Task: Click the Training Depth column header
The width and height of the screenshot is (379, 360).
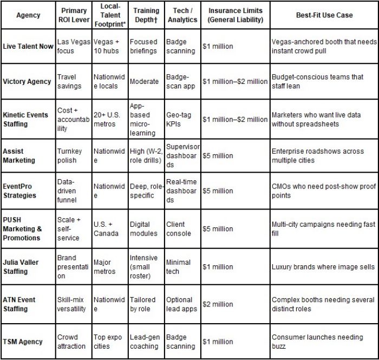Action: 146,15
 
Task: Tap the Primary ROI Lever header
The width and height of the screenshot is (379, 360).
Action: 74,15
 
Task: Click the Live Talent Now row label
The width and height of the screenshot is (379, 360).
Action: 28,47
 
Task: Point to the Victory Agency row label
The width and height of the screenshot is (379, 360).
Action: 27,82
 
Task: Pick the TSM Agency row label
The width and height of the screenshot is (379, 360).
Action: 23,342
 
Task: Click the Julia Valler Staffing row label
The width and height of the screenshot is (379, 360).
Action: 21,267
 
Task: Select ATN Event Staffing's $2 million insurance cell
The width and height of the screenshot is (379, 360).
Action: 218,304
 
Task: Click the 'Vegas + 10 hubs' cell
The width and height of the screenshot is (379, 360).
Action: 110,47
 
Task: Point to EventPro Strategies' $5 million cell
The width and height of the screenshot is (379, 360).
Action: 218,191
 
